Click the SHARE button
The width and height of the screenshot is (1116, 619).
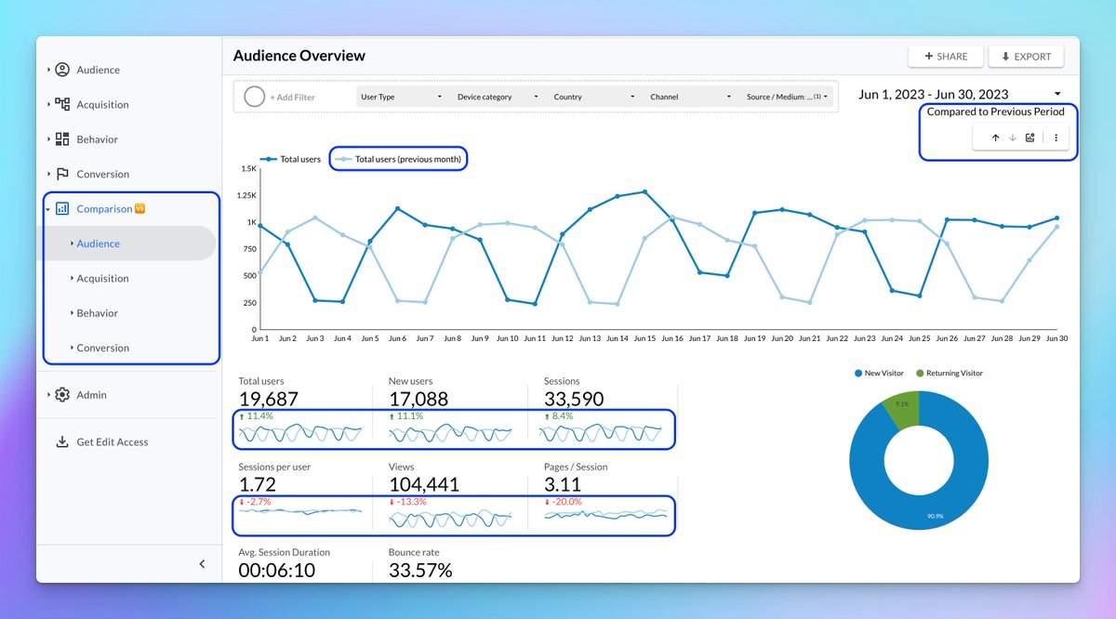pyautogui.click(x=946, y=57)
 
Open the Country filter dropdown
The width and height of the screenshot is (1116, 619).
pyautogui.click(x=593, y=97)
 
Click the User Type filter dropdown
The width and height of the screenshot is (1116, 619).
pyautogui.click(x=401, y=97)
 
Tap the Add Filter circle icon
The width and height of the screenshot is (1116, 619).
pyautogui.click(x=254, y=97)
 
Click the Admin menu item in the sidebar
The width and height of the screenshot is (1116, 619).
pyautogui.click(x=91, y=395)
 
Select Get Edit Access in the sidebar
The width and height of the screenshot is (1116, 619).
pyautogui.click(x=112, y=442)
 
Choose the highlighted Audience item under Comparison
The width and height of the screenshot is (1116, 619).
pyautogui.click(x=99, y=244)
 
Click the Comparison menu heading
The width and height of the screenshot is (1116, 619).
pyautogui.click(x=104, y=209)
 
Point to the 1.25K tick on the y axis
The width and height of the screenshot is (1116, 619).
pyautogui.click(x=246, y=195)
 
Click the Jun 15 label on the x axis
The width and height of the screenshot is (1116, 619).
pyautogui.click(x=644, y=338)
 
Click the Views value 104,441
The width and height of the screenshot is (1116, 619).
pyautogui.click(x=423, y=485)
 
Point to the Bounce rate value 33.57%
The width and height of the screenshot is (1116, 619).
pyautogui.click(x=420, y=571)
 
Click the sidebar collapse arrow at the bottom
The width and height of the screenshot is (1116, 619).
pyautogui.click(x=203, y=564)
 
